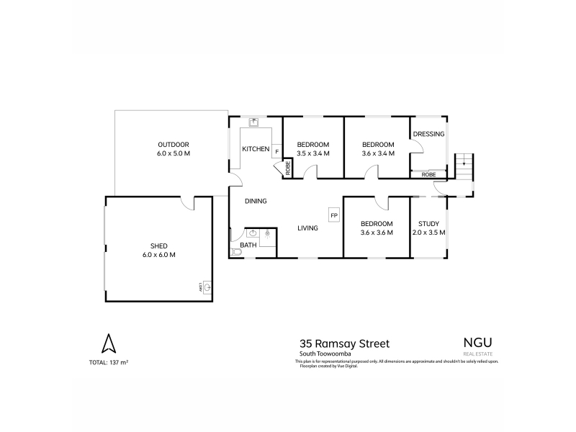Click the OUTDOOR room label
(173, 145)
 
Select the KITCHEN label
(256, 149)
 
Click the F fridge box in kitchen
(276, 151)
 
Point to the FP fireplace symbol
(333, 215)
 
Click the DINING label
(256, 201)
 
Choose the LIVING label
(308, 228)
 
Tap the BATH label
(248, 246)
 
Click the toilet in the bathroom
(236, 252)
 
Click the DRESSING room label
(428, 134)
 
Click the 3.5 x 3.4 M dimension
(313, 153)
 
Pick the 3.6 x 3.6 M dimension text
(377, 233)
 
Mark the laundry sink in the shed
(207, 288)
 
